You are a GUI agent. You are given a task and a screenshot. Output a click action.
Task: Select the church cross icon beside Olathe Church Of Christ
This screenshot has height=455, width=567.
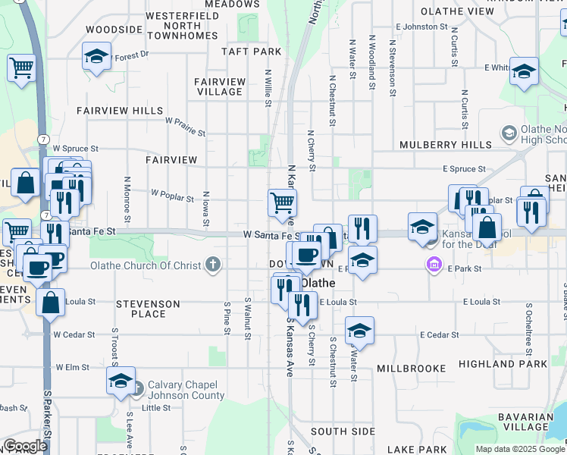coord(215,265)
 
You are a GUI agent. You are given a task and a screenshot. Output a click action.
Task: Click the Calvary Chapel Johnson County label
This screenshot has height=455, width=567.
coord(186,389)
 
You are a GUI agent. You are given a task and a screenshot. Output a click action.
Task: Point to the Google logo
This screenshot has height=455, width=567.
coord(25,446)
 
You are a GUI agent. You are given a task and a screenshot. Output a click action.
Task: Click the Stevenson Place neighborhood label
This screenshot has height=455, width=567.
coord(149,309)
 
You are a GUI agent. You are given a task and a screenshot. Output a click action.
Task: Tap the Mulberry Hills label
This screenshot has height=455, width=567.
coord(445,144)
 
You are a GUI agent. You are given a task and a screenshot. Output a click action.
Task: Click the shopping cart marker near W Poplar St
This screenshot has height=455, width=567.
coord(282,202)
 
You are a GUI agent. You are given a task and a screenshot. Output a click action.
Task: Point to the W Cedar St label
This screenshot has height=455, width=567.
coord(74,334)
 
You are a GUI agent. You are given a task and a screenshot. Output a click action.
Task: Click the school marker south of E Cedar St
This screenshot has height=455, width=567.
coord(359,331)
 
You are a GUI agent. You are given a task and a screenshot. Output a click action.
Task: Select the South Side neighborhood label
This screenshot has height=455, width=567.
coord(343,431)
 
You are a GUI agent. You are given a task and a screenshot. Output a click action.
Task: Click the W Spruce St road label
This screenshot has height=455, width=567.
coord(76,149)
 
